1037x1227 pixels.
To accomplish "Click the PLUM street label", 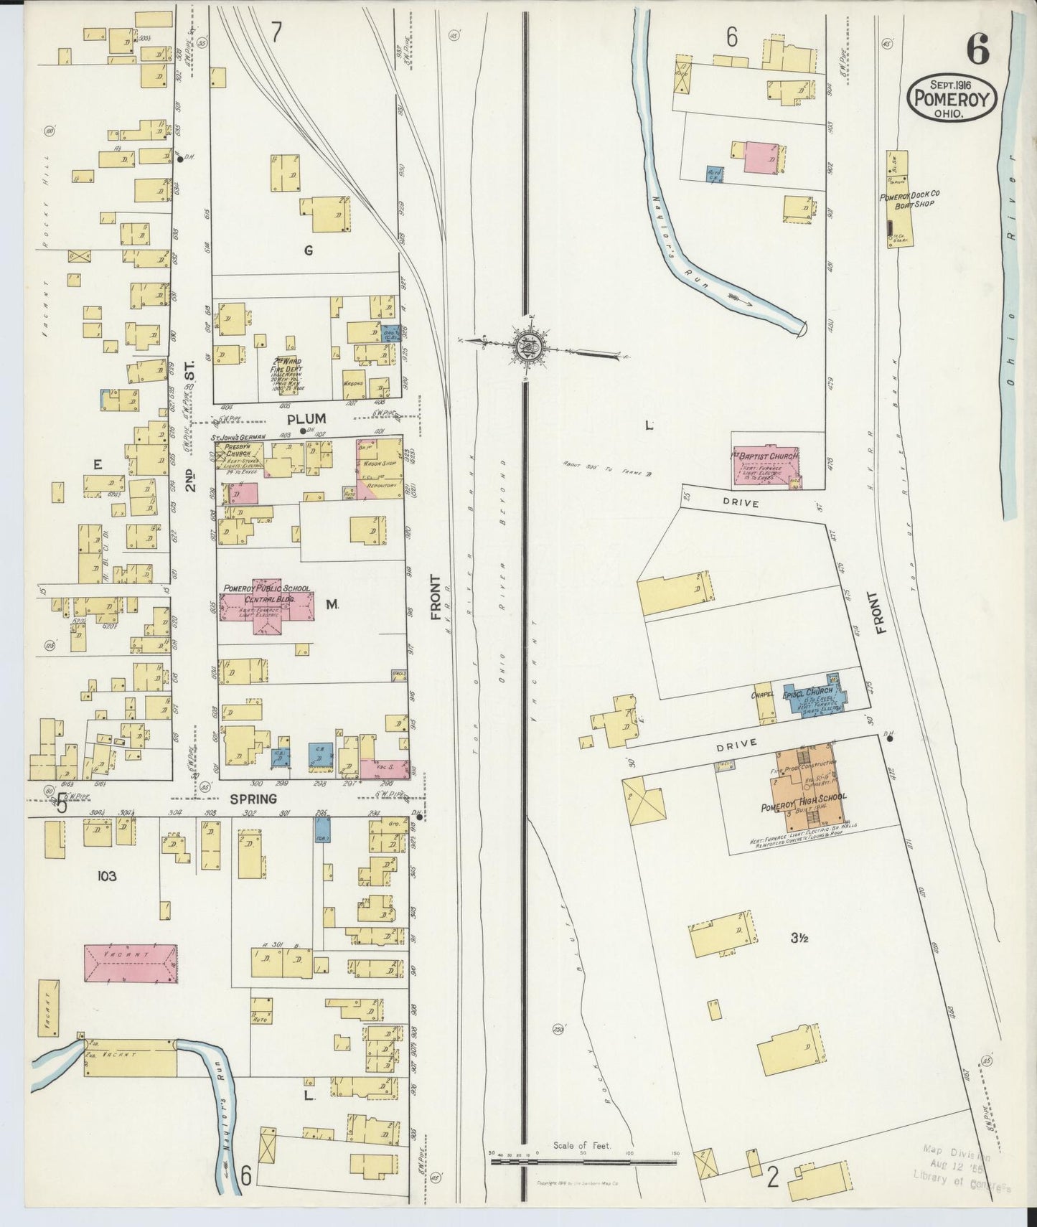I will (306, 418).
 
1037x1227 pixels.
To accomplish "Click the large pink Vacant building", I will (131, 964).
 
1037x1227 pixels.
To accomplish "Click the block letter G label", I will (308, 250).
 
